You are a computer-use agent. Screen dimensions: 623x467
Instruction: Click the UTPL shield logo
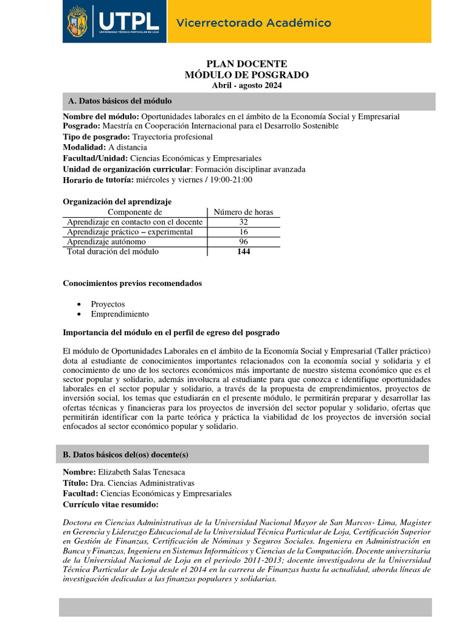77,22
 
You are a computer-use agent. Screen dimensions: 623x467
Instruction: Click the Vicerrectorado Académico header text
254,23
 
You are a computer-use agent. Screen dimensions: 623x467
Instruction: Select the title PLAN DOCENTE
246,64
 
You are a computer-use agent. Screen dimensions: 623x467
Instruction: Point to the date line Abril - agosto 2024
246,85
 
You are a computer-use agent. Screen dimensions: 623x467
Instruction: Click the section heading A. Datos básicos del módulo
120,101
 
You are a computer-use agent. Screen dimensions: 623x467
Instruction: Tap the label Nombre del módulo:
101,117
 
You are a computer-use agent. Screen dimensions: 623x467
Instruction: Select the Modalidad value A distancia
128,147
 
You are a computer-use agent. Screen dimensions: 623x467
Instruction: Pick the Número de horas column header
243,212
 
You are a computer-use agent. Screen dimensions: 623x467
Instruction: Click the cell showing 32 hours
243,222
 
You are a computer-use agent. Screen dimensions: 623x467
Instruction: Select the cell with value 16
243,232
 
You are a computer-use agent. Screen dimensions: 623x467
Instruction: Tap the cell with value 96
243,242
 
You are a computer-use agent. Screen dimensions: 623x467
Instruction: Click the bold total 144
243,251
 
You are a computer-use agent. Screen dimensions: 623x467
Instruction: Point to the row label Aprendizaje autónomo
106,242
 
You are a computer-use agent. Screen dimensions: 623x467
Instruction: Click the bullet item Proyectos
108,304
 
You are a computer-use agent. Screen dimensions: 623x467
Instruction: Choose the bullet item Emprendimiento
120,314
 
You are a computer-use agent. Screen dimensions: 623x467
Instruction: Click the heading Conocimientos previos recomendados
133,284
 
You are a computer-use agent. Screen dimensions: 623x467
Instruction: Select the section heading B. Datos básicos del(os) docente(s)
130,454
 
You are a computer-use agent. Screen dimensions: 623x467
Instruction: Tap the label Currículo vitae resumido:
111,504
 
